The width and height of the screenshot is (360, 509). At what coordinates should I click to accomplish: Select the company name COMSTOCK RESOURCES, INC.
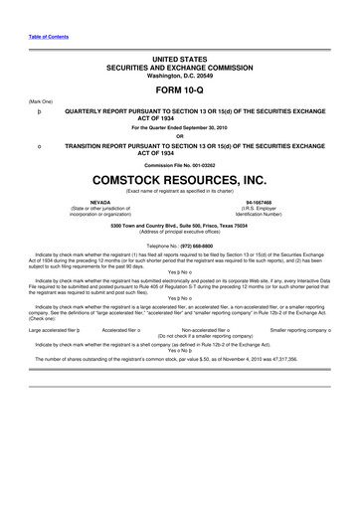[x=180, y=180]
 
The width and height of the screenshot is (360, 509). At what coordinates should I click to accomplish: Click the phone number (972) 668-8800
[x=195, y=244]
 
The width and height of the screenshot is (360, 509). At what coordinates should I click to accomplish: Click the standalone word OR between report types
[x=180, y=136]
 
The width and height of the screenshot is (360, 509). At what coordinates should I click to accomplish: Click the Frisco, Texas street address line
[x=180, y=224]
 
